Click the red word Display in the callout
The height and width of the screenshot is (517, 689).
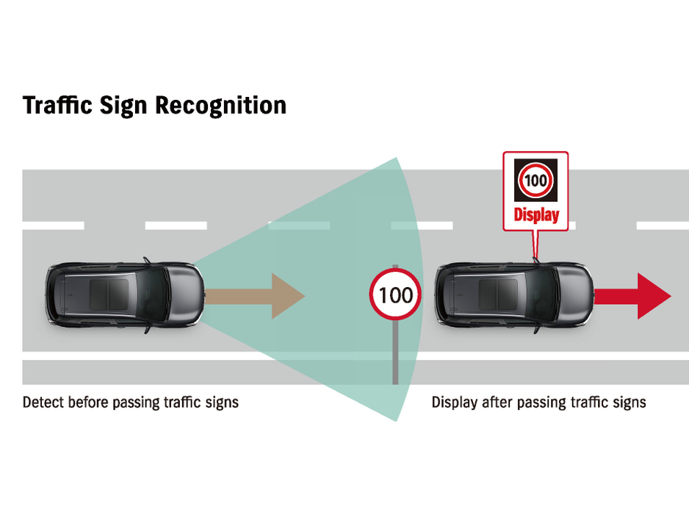click(535, 215)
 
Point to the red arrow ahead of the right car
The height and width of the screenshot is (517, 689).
click(633, 296)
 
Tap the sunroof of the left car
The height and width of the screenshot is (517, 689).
click(109, 295)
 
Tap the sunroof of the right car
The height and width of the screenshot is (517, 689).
click(498, 295)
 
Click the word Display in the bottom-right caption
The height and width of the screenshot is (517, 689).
click(454, 402)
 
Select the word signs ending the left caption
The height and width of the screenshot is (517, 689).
click(222, 402)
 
